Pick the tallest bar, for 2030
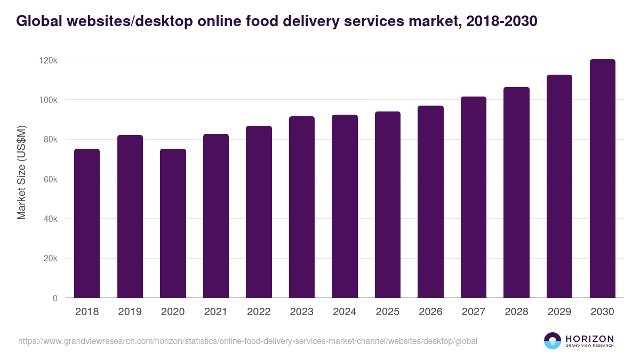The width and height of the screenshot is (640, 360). [x=602, y=179]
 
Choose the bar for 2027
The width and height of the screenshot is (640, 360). [x=474, y=197]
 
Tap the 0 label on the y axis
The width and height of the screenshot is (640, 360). [x=55, y=298]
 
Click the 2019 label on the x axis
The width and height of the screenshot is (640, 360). [x=130, y=312]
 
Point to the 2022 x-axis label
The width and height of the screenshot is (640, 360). [x=259, y=312]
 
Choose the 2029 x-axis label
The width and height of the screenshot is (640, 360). [x=559, y=312]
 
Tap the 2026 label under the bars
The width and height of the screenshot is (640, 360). [x=430, y=312]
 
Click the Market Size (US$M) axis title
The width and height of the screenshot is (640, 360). [x=21, y=173]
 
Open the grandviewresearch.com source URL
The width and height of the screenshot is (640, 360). [x=247, y=341]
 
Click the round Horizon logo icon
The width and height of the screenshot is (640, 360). [x=553, y=341]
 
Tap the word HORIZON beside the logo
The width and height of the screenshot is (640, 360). [x=589, y=339]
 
